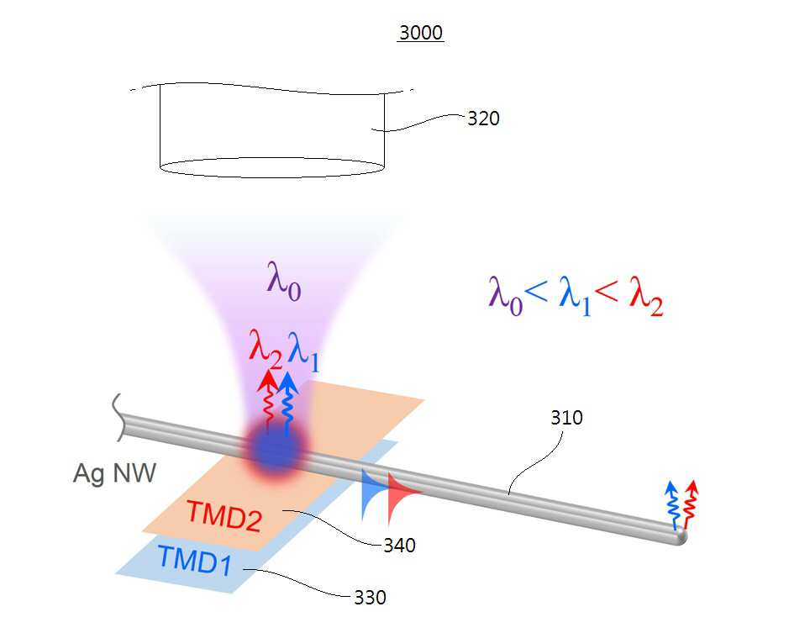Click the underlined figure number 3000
pyautogui.click(x=421, y=33)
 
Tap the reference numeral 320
pyautogui.click(x=483, y=119)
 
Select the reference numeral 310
pyautogui.click(x=566, y=418)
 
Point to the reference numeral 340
pyautogui.click(x=399, y=546)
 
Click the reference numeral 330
pyautogui.click(x=371, y=598)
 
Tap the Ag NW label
pyautogui.click(x=115, y=473)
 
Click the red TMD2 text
pyautogui.click(x=224, y=515)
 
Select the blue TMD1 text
pyautogui.click(x=195, y=559)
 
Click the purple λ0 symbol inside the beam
pyautogui.click(x=284, y=281)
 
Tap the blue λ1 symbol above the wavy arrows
pyautogui.click(x=303, y=351)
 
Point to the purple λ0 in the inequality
pyautogui.click(x=506, y=297)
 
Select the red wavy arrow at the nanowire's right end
pyautogui.click(x=691, y=504)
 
